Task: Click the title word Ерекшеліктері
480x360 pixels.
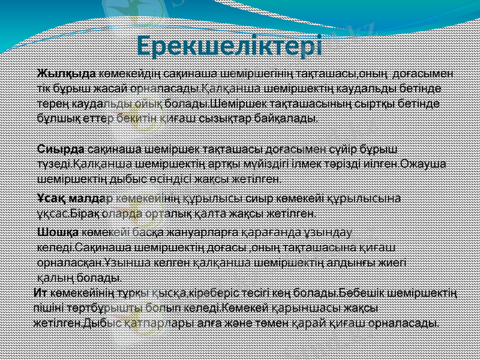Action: click(229, 45)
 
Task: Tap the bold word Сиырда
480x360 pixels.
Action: click(62, 148)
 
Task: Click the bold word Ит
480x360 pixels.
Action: click(40, 294)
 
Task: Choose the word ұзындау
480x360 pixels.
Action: click(334, 232)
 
